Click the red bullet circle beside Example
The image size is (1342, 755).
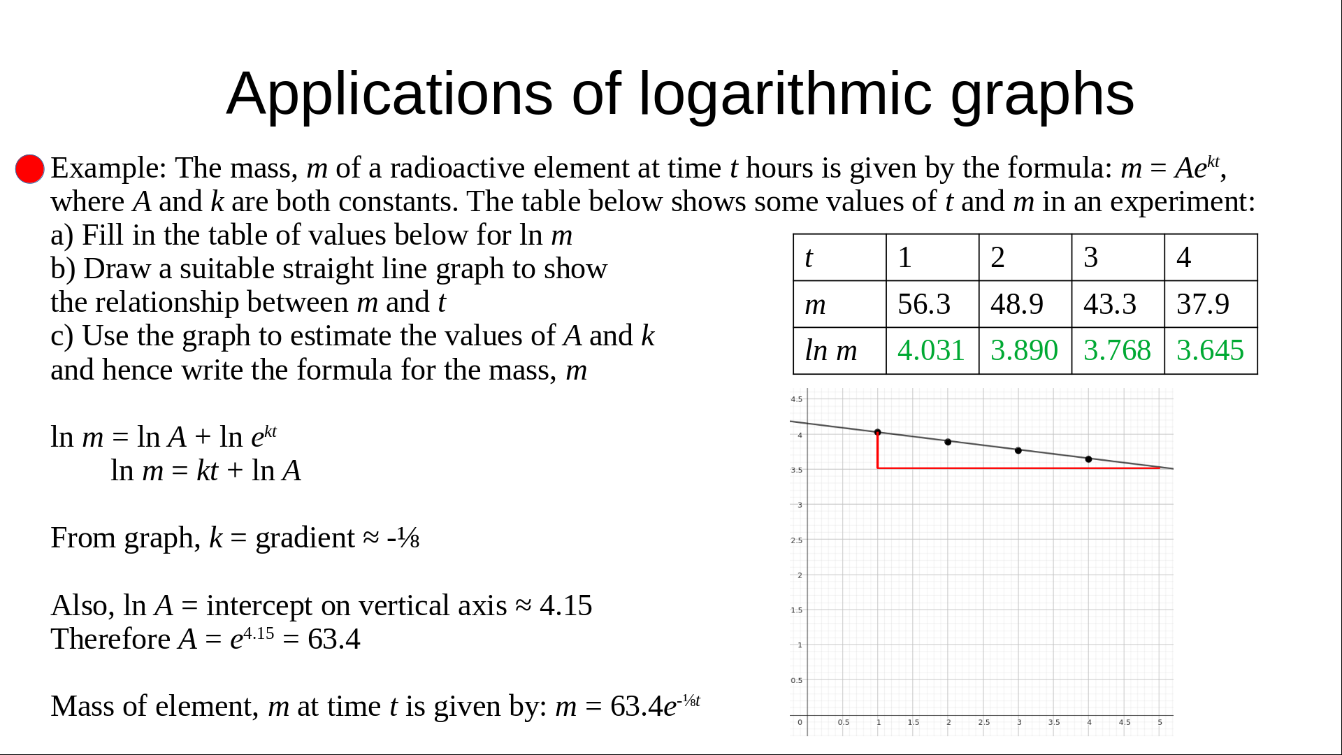click(30, 169)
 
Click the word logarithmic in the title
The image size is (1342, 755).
click(785, 94)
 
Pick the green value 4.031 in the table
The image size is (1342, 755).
click(931, 350)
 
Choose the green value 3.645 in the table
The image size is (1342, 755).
click(1210, 350)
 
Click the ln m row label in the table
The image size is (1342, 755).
click(831, 350)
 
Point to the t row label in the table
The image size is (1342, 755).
click(809, 258)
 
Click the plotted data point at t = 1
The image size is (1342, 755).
click(878, 433)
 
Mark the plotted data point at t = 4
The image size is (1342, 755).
click(1088, 459)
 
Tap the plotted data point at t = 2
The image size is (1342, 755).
click(948, 442)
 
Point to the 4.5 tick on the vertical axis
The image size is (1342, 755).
click(797, 399)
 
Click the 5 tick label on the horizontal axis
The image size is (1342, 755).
click(1160, 722)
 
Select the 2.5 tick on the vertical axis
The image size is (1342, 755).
click(797, 540)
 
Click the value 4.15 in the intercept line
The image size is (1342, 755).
click(565, 606)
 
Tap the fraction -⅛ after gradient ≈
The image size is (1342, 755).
click(403, 538)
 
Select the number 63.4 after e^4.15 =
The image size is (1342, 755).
click(334, 640)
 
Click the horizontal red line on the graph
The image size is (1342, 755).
click(1018, 468)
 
